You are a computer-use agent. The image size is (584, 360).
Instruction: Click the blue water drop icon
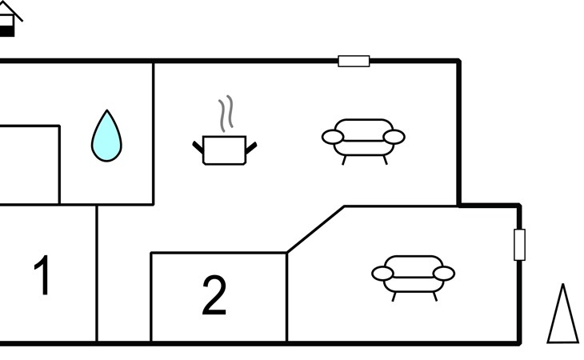106,136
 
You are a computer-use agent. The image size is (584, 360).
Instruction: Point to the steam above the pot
226,114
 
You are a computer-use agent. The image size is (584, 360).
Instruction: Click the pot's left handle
198,147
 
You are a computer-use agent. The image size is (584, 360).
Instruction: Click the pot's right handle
251,147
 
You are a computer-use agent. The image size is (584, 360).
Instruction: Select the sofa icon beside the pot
363,142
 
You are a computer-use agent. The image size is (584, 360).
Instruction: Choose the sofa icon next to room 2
414,278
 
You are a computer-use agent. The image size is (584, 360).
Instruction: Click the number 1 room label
42,274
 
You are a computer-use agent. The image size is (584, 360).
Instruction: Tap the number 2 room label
214,295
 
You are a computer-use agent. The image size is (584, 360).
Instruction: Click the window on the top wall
354,61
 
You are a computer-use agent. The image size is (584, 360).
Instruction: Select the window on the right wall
519,245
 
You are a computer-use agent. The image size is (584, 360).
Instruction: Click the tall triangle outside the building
562,314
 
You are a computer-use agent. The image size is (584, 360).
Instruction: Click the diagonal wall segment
316,229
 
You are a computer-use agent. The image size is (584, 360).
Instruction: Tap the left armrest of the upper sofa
333,137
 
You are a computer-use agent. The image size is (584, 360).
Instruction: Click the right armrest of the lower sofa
444,274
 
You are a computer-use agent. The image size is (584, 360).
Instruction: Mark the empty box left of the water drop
30,165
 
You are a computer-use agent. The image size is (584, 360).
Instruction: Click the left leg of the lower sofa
394,297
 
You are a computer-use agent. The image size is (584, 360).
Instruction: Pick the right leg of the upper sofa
386,161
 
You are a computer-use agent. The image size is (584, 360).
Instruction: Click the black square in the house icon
6,30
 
